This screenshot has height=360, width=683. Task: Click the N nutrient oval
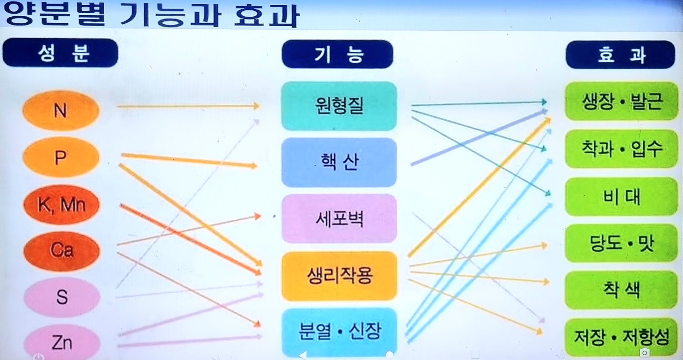point(60,110)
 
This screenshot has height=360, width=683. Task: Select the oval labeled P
point(61,157)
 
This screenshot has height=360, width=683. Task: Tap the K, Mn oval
point(61,204)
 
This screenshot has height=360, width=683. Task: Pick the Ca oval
point(61,250)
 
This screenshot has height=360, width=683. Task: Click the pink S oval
point(62,297)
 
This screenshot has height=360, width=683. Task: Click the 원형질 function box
point(339,106)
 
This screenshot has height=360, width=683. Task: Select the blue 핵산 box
point(339,162)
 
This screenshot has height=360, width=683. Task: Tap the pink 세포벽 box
point(339,219)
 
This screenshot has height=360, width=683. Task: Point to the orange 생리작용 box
point(339,276)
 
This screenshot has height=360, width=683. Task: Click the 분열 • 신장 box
point(339,332)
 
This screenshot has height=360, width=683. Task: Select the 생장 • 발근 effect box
point(621,101)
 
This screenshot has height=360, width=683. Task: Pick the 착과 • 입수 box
point(621,149)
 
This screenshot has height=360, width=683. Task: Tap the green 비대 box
point(621,196)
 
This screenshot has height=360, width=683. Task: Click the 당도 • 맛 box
point(621,243)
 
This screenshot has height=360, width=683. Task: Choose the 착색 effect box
point(621,290)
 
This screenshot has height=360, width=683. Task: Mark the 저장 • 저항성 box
point(621,337)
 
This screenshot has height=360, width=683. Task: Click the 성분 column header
point(60,53)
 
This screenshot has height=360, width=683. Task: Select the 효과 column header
point(621,54)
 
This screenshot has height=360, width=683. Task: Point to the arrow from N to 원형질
point(188,106)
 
